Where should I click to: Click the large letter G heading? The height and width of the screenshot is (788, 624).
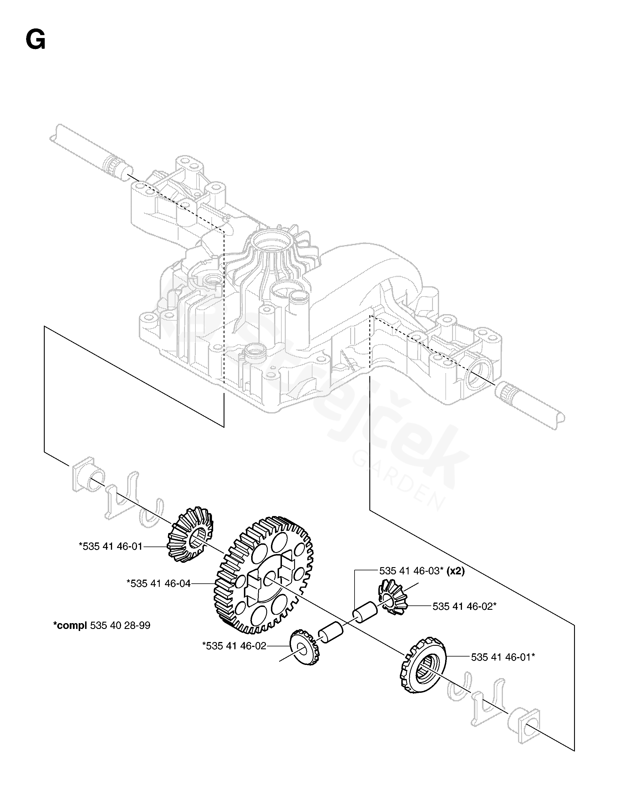tap(36, 40)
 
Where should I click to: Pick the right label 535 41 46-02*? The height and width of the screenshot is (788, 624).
tap(464, 606)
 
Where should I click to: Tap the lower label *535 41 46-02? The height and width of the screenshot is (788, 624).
tap(234, 646)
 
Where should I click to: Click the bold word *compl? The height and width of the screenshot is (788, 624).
tap(70, 625)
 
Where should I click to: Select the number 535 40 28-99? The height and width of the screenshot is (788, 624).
tap(120, 625)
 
